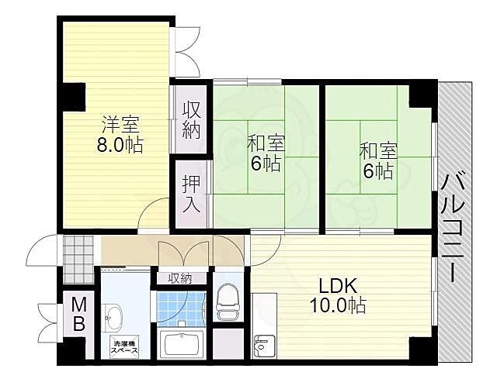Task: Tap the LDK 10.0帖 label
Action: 338,295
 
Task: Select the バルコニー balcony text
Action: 454,226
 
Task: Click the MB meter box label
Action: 78,315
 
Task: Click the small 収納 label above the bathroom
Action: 180,278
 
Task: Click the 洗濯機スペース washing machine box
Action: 124,346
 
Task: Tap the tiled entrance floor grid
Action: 78,259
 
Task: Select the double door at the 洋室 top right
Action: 187,52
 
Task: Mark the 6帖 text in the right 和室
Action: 378,171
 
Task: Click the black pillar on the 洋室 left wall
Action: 75,97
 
